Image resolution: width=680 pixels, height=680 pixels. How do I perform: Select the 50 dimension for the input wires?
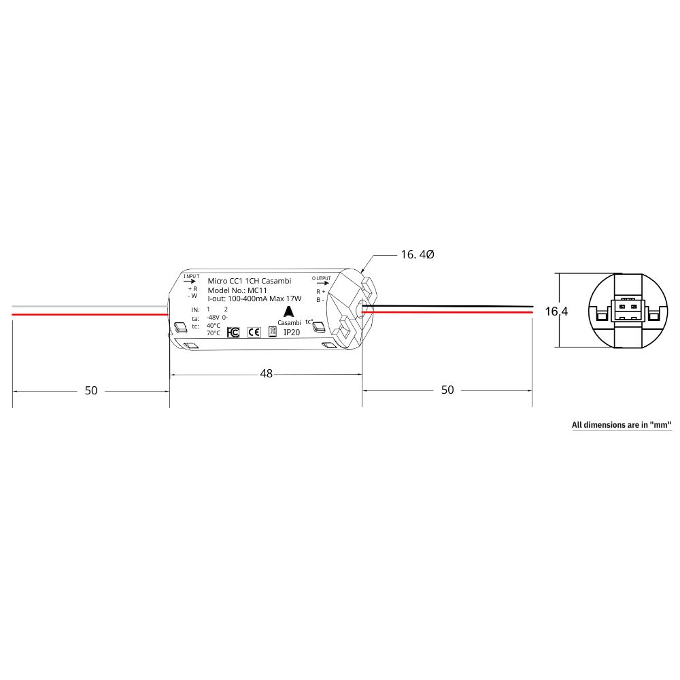click(90, 390)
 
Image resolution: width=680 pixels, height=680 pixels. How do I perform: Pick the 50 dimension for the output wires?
click(447, 390)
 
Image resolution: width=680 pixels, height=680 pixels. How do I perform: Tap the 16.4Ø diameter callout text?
click(417, 254)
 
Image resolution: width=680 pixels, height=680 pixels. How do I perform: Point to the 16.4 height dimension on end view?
click(556, 311)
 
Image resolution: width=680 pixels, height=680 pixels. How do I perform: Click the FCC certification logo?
click(233, 332)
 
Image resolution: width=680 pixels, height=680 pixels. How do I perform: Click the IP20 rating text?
click(292, 333)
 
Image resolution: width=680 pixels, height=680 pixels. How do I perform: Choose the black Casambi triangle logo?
click(289, 311)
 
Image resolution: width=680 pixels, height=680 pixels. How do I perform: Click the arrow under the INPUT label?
click(190, 280)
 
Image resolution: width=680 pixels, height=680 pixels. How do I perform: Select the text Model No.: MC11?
click(237, 290)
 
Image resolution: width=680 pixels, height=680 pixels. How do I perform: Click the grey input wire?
click(88, 307)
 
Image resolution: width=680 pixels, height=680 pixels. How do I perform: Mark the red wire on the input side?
click(88, 314)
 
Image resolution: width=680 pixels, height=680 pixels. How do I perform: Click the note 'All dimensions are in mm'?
click(622, 425)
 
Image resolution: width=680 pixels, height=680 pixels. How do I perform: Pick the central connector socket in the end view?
click(627, 310)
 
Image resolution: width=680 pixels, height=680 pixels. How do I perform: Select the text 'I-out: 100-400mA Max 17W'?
click(254, 299)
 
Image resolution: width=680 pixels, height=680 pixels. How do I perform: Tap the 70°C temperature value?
click(214, 333)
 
